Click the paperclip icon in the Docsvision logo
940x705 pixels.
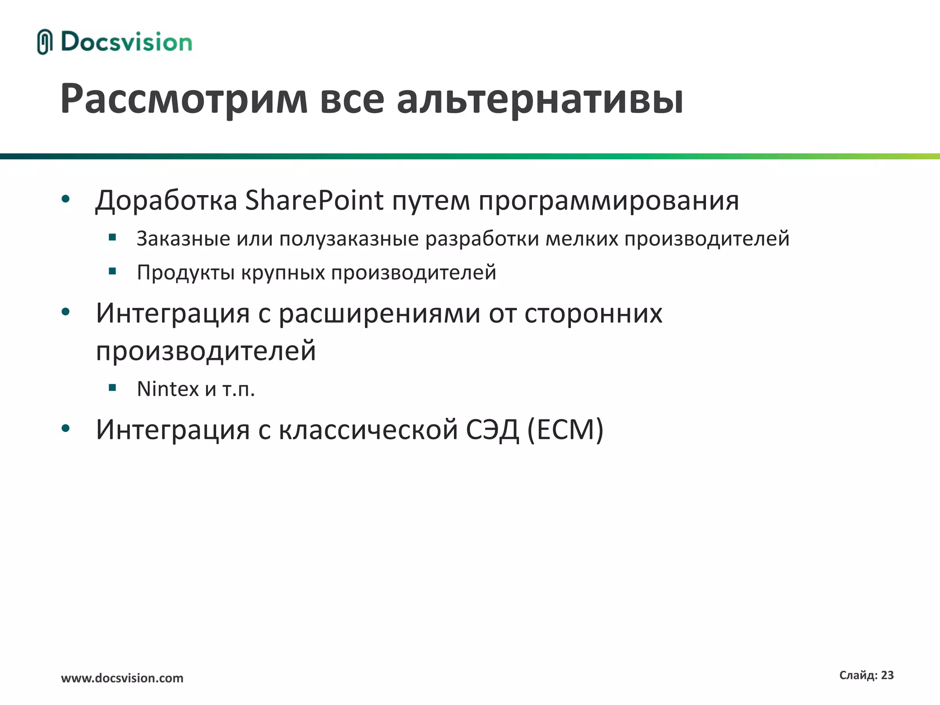44,42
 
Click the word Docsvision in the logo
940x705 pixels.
126,42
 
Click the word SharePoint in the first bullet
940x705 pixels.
314,201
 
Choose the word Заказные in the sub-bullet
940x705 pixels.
183,239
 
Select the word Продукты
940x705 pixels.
186,273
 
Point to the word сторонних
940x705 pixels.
593,314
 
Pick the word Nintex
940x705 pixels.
168,389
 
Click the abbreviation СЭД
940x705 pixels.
492,430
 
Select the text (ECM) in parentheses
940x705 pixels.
565,430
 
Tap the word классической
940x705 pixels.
368,430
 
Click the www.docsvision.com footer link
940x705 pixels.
122,678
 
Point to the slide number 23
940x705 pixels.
887,675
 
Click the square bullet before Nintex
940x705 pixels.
112,388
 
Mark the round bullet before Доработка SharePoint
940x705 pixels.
66,199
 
